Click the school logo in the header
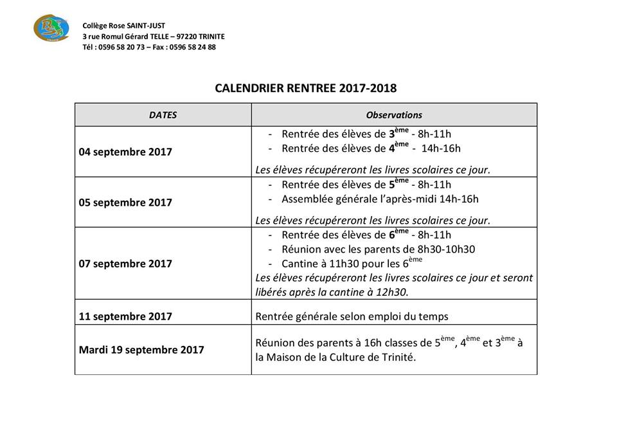pos(50,29)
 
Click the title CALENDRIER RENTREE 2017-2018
pos(306,88)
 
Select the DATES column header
pos(163,115)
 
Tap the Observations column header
pos(394,115)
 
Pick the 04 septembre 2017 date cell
pos(125,152)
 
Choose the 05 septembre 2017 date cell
pos(125,203)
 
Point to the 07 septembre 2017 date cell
pos(125,264)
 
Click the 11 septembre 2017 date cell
pos(125,316)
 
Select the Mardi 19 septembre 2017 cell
pos(141,350)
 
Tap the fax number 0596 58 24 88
pos(192,47)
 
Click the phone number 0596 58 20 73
pos(120,47)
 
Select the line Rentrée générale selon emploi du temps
pos(352,316)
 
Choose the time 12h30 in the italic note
pos(394,291)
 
